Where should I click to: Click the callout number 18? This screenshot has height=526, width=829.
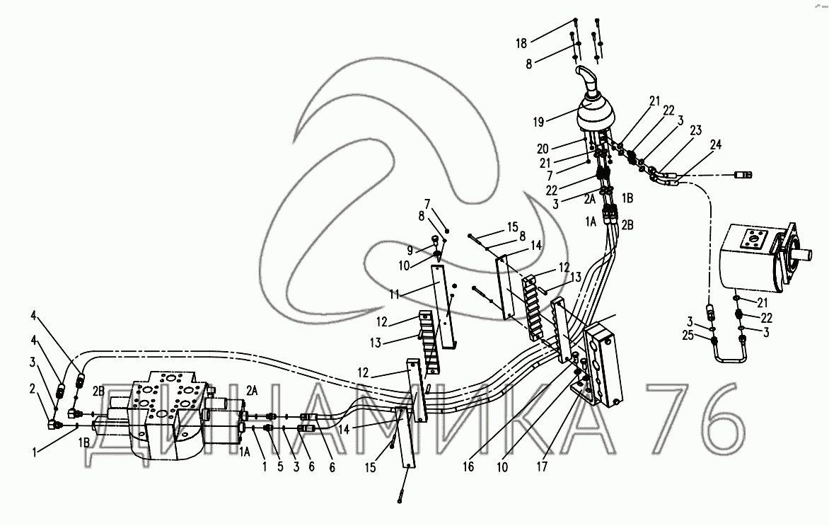pyautogui.click(x=522, y=43)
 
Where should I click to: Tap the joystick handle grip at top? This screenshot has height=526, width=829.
pyautogui.click(x=586, y=77)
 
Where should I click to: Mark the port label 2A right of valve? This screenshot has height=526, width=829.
pyautogui.click(x=253, y=389)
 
